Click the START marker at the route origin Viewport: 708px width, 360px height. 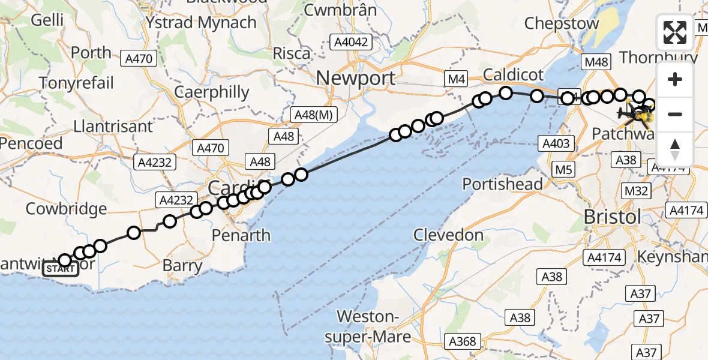click(61, 269)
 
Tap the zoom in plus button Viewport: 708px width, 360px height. click(675, 80)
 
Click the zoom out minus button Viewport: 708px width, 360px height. click(675, 114)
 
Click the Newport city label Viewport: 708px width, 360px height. click(356, 78)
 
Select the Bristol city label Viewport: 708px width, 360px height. click(612, 217)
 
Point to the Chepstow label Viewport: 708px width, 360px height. click(562, 23)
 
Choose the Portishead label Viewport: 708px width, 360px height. click(503, 184)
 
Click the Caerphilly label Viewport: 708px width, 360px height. click(211, 92)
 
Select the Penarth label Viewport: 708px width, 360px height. click(241, 235)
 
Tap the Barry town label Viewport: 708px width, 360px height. click(182, 265)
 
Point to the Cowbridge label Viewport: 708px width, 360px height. click(66, 209)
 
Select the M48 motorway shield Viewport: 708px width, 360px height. click(597, 62)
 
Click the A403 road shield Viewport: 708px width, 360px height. click(558, 143)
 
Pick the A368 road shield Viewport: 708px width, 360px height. click(463, 341)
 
